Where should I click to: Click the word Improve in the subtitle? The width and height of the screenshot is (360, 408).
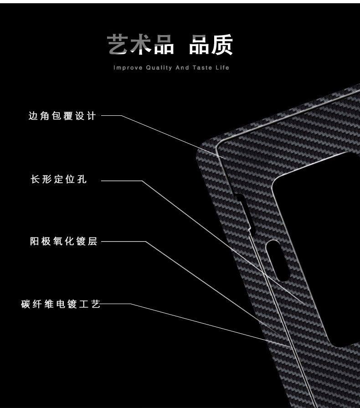(x=127, y=68)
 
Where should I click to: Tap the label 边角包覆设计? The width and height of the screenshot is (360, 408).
(x=62, y=116)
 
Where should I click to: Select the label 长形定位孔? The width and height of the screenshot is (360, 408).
(x=58, y=180)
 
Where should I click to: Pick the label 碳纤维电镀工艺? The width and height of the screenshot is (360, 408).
(x=60, y=304)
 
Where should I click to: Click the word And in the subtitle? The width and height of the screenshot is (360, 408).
(x=182, y=68)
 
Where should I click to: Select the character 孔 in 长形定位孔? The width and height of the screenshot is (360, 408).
(x=82, y=180)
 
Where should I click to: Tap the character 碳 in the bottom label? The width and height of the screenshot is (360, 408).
(x=26, y=304)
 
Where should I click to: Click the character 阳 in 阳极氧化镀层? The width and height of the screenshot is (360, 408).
(x=34, y=242)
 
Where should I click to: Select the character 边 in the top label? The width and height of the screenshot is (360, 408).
(x=33, y=116)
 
